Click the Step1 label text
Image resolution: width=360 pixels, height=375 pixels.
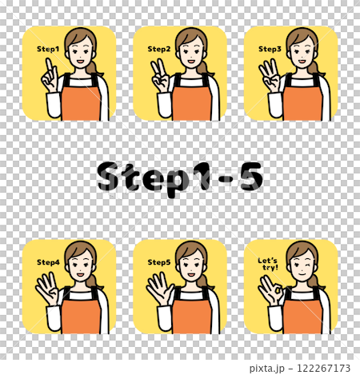[x=48, y=49]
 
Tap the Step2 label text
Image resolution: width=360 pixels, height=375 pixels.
[x=159, y=49]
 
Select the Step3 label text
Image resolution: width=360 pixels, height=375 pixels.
[x=270, y=49]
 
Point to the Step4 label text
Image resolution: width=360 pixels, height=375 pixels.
[x=48, y=262]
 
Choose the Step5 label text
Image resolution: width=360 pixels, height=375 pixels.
[x=159, y=262]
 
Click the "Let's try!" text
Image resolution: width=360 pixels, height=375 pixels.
[x=268, y=264]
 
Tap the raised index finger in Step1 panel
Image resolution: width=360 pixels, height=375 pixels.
[x=50, y=67]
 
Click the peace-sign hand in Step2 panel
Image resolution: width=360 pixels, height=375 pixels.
[x=160, y=76]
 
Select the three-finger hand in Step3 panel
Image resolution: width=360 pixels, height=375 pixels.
[x=270, y=76]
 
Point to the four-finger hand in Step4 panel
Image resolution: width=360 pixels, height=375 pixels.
[x=47, y=289]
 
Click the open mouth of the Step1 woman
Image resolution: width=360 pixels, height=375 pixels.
[x=80, y=61]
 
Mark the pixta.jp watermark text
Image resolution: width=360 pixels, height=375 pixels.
[x=267, y=369]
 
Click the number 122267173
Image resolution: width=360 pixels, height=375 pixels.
[x=323, y=368]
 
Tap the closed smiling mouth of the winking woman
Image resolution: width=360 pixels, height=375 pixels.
[x=302, y=273]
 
